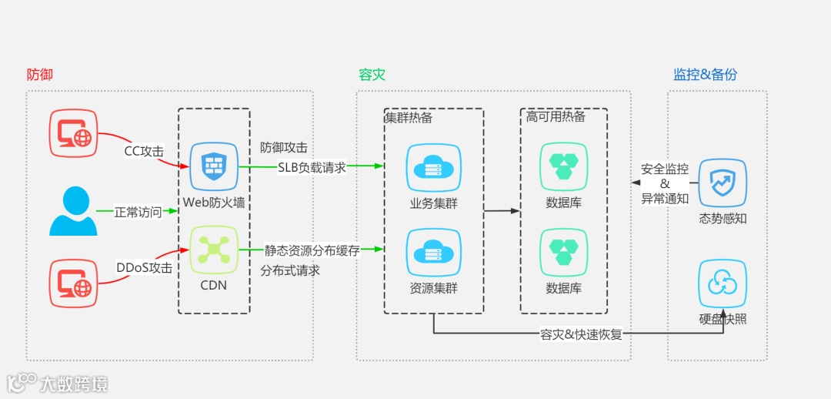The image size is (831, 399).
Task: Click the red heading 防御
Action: pos(39,75)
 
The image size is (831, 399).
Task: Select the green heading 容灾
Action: pos(372,75)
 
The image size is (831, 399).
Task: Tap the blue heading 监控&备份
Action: pos(705,75)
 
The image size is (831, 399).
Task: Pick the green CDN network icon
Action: pos(214,250)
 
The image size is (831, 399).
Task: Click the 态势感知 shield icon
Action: pos(723,183)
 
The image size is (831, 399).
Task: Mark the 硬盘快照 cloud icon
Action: pos(723,283)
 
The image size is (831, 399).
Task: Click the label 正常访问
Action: pos(138,212)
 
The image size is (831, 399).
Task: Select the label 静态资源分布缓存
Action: pos(312,250)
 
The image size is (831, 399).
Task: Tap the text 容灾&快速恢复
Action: pos(580,334)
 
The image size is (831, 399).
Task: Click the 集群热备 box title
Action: pos(409,118)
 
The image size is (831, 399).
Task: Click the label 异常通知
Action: pos(665,198)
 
